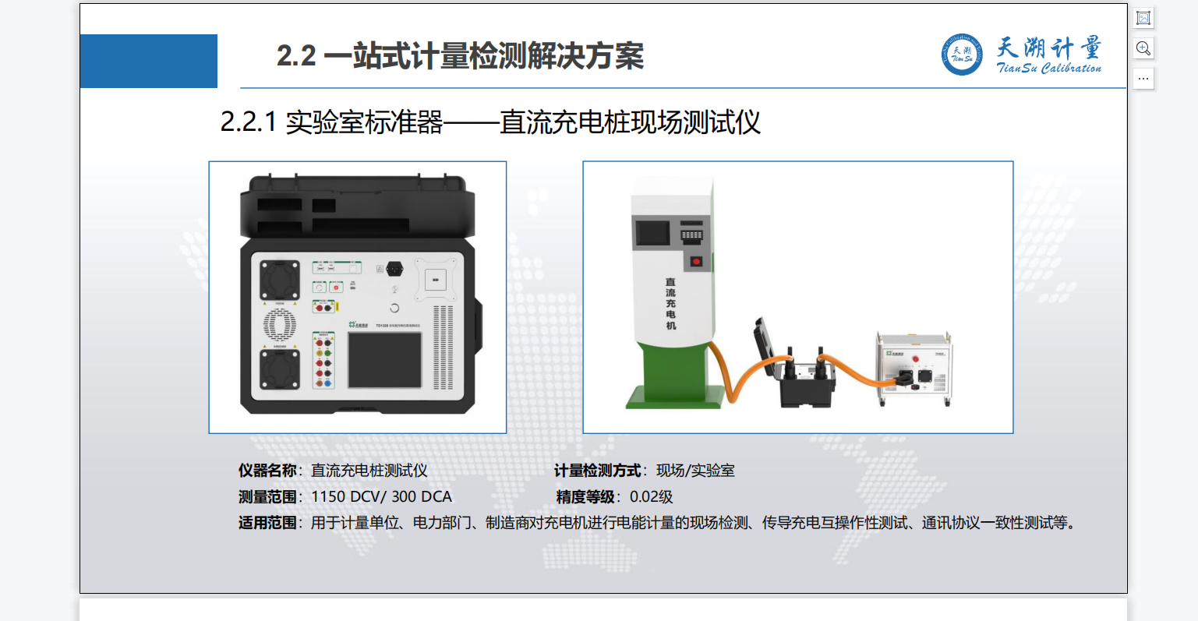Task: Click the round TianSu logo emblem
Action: click(962, 55)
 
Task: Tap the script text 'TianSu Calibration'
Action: click(1049, 69)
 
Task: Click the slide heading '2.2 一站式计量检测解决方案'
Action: click(460, 56)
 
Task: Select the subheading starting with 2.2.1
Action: click(490, 122)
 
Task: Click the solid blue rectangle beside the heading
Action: click(149, 61)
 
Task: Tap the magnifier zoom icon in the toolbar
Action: click(1143, 48)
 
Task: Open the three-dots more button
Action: click(1143, 79)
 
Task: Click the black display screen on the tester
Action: click(384, 359)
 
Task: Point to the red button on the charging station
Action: click(696, 261)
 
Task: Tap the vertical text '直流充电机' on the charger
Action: click(670, 304)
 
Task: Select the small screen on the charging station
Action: click(653, 233)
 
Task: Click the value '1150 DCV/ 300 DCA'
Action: click(381, 497)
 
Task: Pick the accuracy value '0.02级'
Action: click(651, 497)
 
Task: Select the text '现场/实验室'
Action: click(695, 471)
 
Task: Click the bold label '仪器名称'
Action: click(267, 471)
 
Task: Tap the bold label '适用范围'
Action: click(267, 523)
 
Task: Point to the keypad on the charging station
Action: click(692, 234)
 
